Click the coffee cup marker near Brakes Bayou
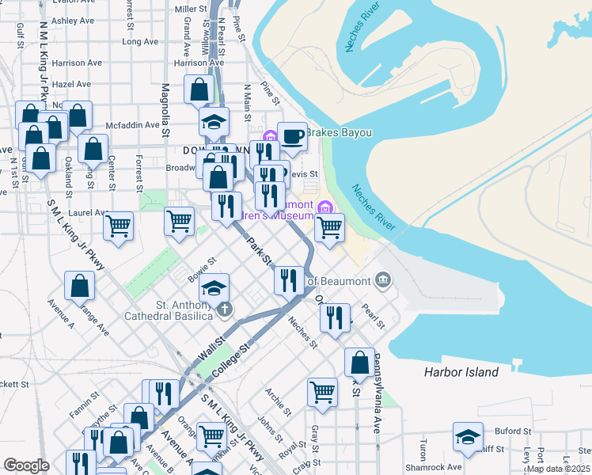tap(292, 136)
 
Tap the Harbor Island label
tap(472, 372)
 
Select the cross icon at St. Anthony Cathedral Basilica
tap(226, 308)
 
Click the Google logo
tap(26, 465)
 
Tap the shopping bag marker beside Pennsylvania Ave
tap(359, 363)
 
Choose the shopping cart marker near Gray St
tap(322, 391)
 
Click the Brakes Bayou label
tap(339, 132)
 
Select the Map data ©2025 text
tap(557, 469)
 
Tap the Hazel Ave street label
tap(71, 83)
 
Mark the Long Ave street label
tap(141, 41)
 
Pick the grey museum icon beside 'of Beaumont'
tap(383, 279)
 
